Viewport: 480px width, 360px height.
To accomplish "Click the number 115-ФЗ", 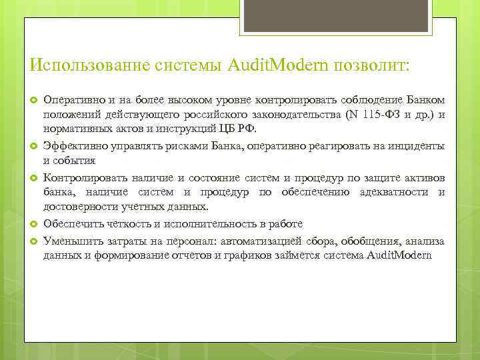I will pos(382,115).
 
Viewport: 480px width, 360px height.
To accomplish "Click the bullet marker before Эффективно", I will pos(32,146).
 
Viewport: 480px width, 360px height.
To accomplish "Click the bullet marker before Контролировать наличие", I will pos(32,178).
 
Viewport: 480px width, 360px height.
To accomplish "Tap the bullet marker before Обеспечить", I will pos(32,224).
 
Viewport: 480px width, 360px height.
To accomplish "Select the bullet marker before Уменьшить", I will pos(32,241).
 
